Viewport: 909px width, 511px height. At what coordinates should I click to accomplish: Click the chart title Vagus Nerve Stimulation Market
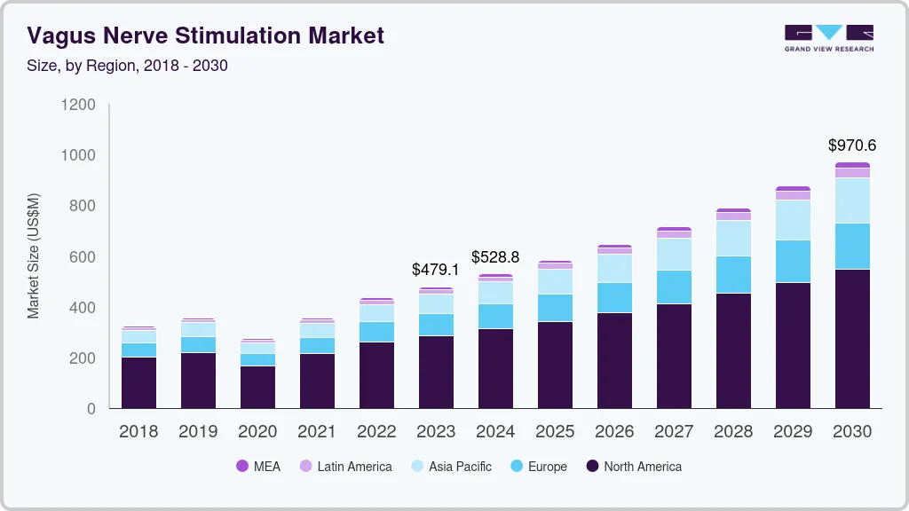(205, 35)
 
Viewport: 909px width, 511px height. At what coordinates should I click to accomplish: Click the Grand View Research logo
(828, 38)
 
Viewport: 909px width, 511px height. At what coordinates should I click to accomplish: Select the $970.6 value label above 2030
(852, 145)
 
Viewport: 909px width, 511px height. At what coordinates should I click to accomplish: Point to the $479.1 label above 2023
(436, 269)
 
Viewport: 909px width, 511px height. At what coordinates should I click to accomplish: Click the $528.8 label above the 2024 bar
(495, 257)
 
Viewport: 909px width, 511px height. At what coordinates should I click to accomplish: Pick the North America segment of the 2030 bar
(852, 339)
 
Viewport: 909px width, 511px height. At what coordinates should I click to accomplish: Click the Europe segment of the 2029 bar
(793, 261)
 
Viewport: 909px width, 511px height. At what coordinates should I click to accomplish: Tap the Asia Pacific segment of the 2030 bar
(852, 200)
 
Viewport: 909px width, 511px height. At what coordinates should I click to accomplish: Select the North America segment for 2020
(257, 387)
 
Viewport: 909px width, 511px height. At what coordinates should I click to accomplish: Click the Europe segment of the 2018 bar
(138, 350)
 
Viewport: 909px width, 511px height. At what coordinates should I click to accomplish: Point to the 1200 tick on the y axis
(78, 105)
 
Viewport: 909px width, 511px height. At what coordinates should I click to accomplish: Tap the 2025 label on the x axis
(555, 431)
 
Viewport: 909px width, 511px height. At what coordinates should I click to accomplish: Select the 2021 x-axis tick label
(317, 431)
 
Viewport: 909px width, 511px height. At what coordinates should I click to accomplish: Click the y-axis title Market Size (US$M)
(34, 255)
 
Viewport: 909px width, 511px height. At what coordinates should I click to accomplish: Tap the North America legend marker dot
(592, 467)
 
